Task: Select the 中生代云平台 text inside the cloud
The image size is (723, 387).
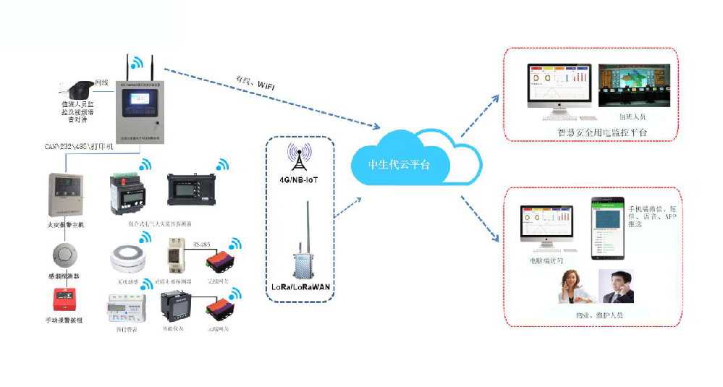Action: (399, 163)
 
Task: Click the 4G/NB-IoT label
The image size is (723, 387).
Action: (298, 178)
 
